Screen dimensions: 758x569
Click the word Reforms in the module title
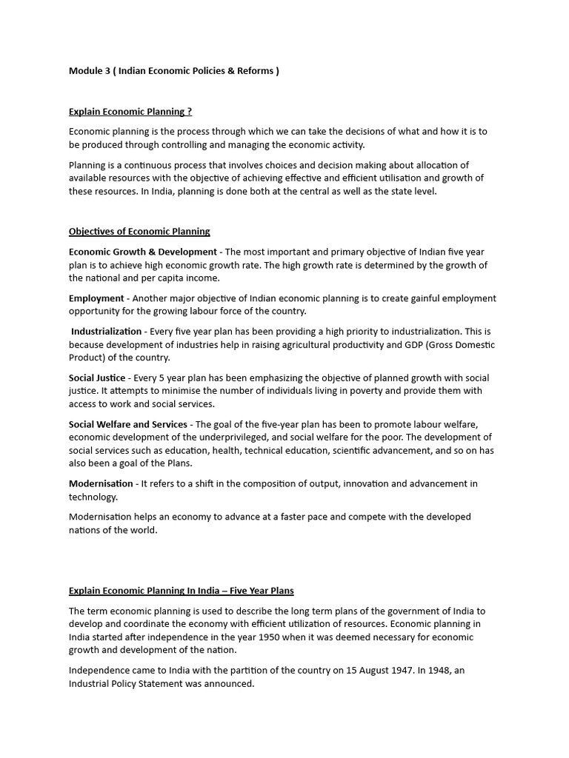pyautogui.click(x=253, y=71)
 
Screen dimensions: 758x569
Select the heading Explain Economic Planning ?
pyautogui.click(x=130, y=112)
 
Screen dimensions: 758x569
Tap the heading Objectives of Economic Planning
pyautogui.click(x=139, y=232)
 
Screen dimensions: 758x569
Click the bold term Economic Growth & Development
pyautogui.click(x=143, y=252)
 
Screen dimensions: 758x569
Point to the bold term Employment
pyautogui.click(x=96, y=298)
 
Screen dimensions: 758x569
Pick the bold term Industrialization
pyautogui.click(x=106, y=332)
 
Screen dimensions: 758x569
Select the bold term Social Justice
pyautogui.click(x=97, y=378)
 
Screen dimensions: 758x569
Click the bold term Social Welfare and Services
pyautogui.click(x=128, y=425)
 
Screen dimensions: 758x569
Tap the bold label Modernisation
pyautogui.click(x=101, y=484)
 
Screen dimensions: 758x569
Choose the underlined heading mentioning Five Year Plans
pyautogui.click(x=181, y=591)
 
